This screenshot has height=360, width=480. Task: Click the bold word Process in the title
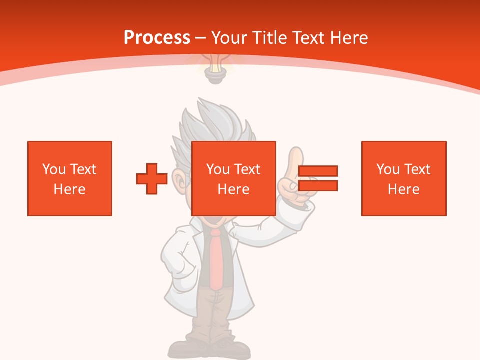157,38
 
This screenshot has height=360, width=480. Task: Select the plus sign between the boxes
152,178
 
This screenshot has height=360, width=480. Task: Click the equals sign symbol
318,178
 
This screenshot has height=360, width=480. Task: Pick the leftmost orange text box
70,178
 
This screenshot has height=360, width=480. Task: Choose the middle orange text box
234,178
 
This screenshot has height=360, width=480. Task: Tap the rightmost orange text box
404,178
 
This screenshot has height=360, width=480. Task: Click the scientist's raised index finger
295,160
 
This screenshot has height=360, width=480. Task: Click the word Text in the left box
83,169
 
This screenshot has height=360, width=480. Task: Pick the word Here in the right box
404,189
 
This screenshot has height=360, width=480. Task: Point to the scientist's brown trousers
216,315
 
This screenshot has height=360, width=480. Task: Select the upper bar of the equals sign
318,171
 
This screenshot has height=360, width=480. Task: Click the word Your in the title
230,38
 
